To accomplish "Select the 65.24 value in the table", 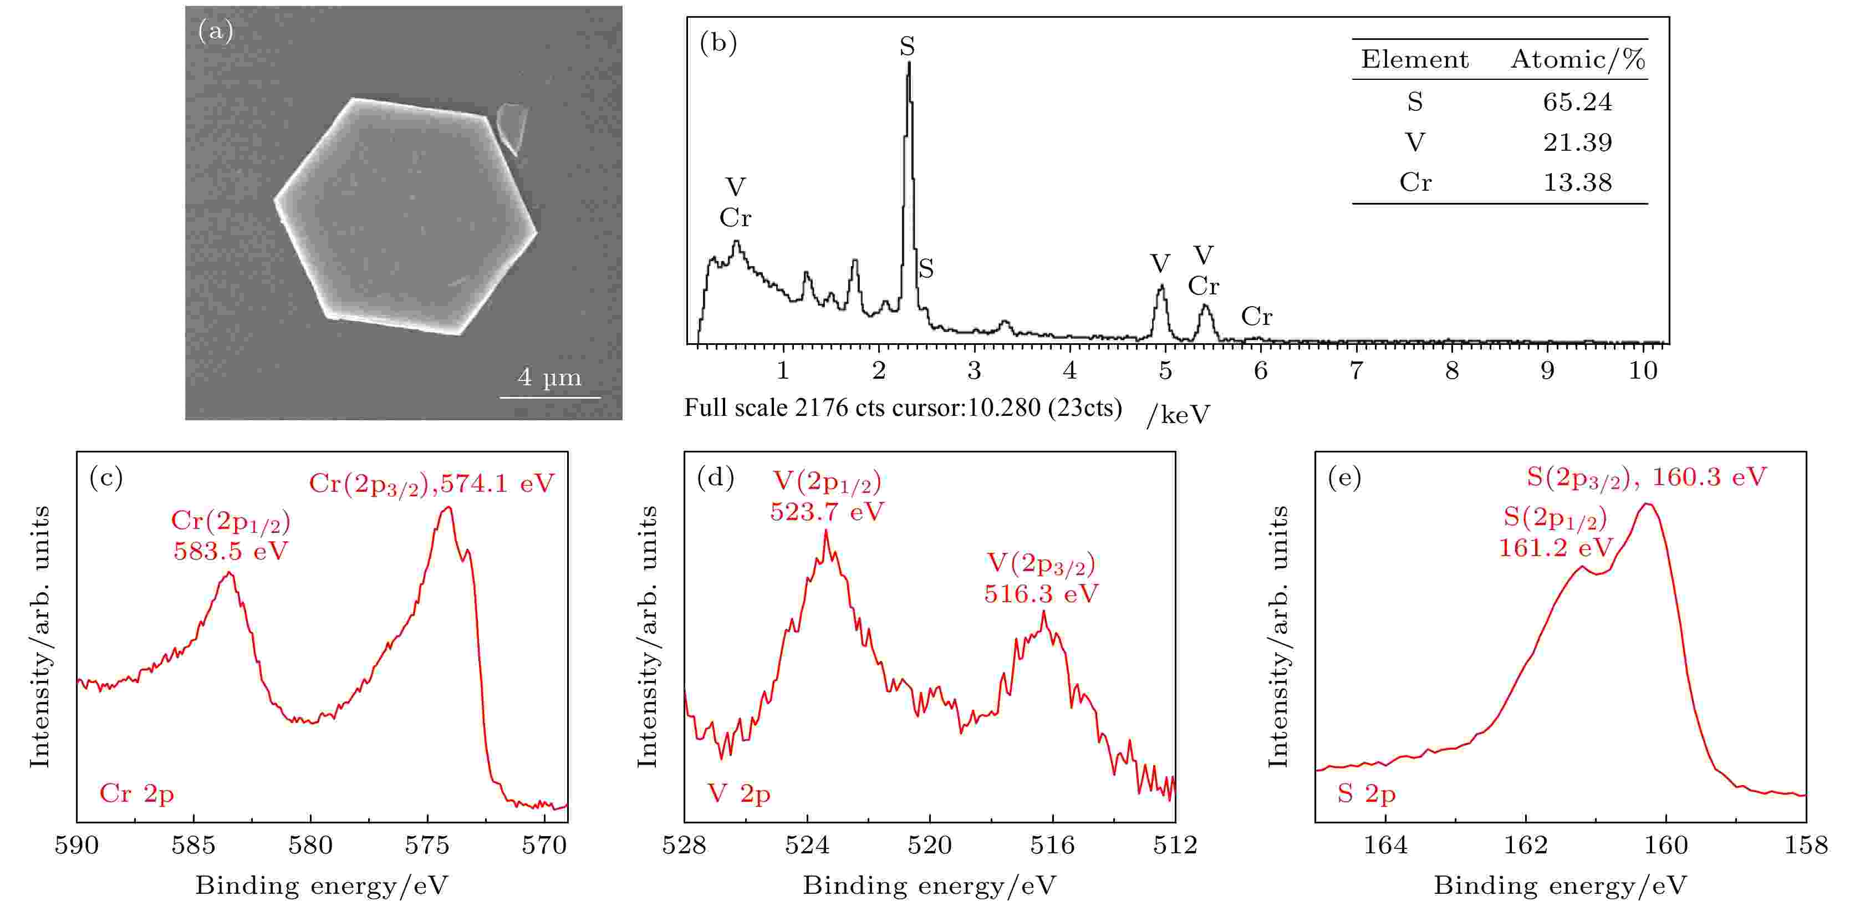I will click(1577, 102).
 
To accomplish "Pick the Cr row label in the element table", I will click(1415, 182).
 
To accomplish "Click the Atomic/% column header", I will click(1578, 59).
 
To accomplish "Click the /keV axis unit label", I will click(1178, 414).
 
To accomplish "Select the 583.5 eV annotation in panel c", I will click(231, 551).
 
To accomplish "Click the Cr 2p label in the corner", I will click(137, 793).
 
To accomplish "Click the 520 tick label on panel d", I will click(930, 845).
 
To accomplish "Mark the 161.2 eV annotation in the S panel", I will click(1556, 548).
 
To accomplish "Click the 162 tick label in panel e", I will click(1526, 845).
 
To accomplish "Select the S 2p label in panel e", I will click(1366, 793).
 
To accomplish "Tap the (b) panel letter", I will click(718, 43).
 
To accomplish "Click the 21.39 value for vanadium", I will click(1577, 142).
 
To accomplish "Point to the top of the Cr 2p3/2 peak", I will click(449, 508).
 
